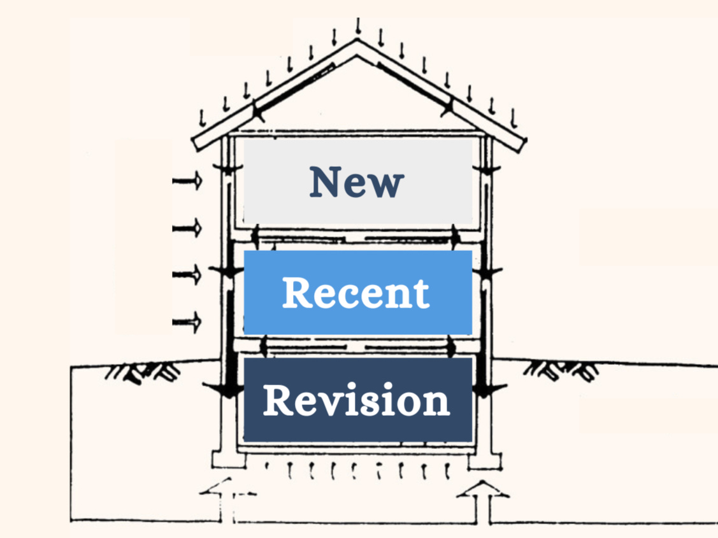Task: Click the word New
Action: [x=357, y=182]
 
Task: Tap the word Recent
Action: [x=355, y=293]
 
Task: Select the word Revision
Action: [x=357, y=400]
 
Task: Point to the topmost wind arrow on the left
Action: [x=187, y=181]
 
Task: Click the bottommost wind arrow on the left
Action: [x=187, y=322]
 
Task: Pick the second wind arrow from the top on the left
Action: [x=187, y=227]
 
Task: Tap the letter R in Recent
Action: [x=297, y=293]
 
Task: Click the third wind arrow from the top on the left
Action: [x=187, y=275]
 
